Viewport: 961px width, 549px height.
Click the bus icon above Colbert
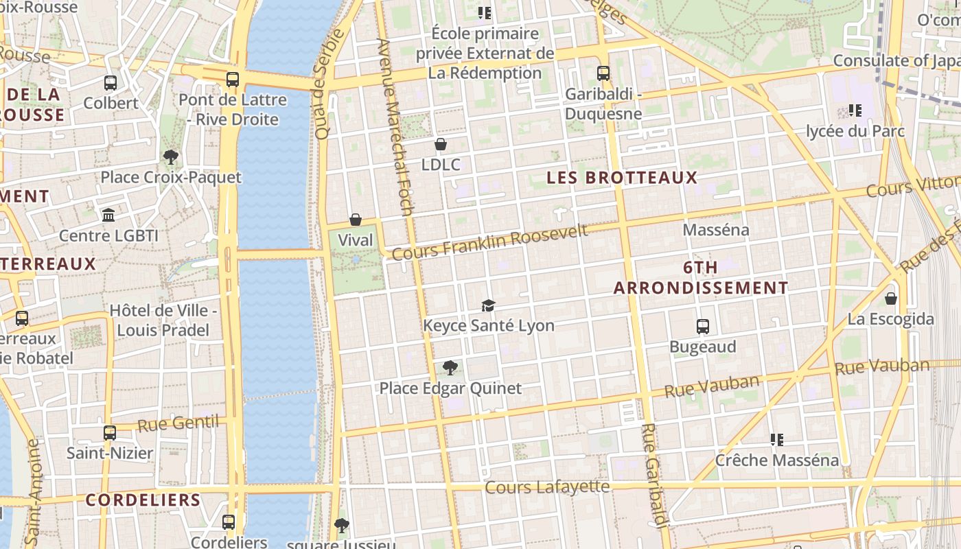coord(111,83)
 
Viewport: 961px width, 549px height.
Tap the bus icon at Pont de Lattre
coord(233,80)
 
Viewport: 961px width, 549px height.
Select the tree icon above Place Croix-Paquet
coord(171,157)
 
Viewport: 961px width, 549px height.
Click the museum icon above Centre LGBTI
coord(108,215)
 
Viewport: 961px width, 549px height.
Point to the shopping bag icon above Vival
coord(356,220)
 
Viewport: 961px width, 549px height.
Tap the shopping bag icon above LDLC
coord(441,144)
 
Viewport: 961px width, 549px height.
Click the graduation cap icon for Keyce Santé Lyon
coord(488,305)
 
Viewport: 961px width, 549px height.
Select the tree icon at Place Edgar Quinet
coord(450,368)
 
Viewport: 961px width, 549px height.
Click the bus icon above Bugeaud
coord(702,327)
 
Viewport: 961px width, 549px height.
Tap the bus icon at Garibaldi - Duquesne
coord(603,73)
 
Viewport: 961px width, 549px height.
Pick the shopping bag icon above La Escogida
coord(890,299)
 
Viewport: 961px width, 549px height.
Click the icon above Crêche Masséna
coord(777,439)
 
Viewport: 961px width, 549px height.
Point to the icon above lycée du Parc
coord(855,110)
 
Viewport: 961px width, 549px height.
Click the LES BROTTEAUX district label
coord(622,178)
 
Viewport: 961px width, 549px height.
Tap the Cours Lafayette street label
coord(547,487)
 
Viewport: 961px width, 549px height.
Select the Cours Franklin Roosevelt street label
coord(490,242)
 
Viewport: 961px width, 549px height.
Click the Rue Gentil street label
coord(178,423)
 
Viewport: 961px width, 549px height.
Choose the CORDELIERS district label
coord(143,500)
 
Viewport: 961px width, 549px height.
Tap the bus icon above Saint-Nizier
coord(110,433)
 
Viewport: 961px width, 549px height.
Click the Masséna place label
coord(716,230)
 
